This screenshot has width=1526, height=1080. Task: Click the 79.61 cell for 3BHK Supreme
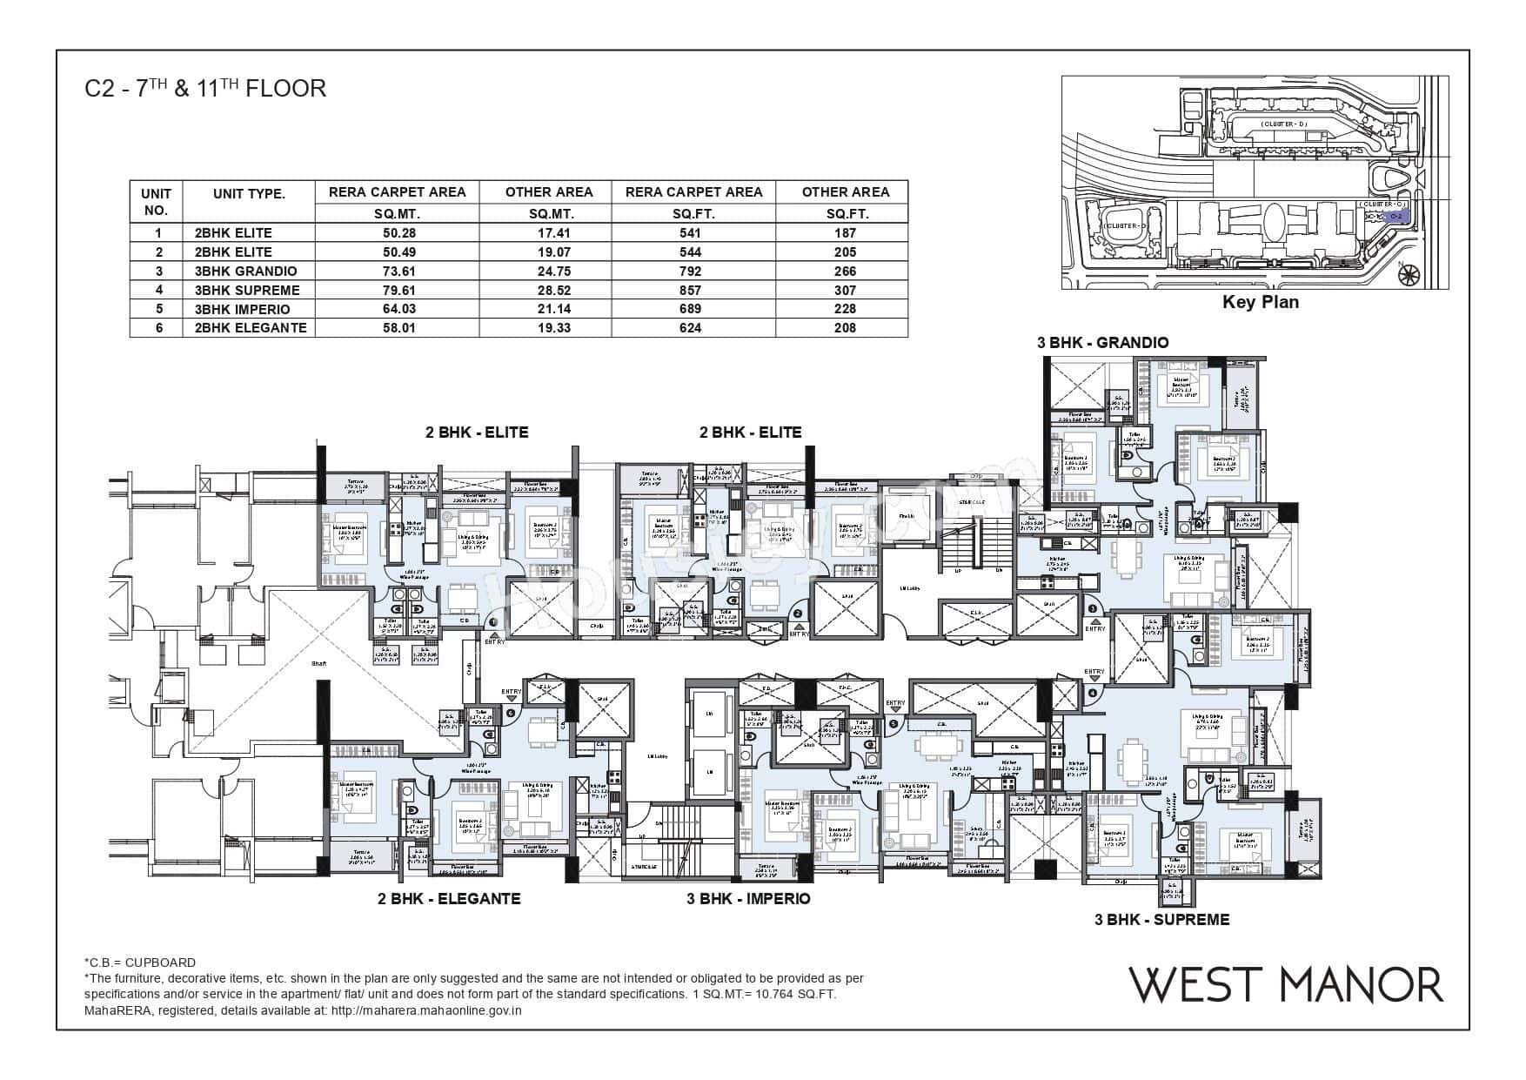point(397,290)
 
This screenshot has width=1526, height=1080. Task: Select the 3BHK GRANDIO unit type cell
point(246,271)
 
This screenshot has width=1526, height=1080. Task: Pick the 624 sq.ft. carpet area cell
point(693,328)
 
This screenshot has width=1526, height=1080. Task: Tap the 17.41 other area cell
point(549,233)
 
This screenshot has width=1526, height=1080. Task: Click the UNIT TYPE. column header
point(249,194)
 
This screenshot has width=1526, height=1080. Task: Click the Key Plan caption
point(1260,302)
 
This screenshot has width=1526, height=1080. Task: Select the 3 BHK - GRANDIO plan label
point(1102,343)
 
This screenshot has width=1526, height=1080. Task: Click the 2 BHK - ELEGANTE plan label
point(449,898)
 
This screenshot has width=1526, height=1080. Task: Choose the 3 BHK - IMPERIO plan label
point(748,898)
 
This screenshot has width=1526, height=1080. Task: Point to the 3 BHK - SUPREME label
point(1161,919)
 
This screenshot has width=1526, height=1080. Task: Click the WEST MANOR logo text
point(1286,984)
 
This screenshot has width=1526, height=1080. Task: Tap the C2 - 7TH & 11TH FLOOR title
point(205,89)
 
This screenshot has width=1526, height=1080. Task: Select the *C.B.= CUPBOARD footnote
point(140,963)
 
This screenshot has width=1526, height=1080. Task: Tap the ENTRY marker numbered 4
point(1093,693)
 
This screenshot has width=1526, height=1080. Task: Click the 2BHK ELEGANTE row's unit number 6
point(157,328)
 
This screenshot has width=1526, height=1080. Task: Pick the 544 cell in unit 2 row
point(693,252)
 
